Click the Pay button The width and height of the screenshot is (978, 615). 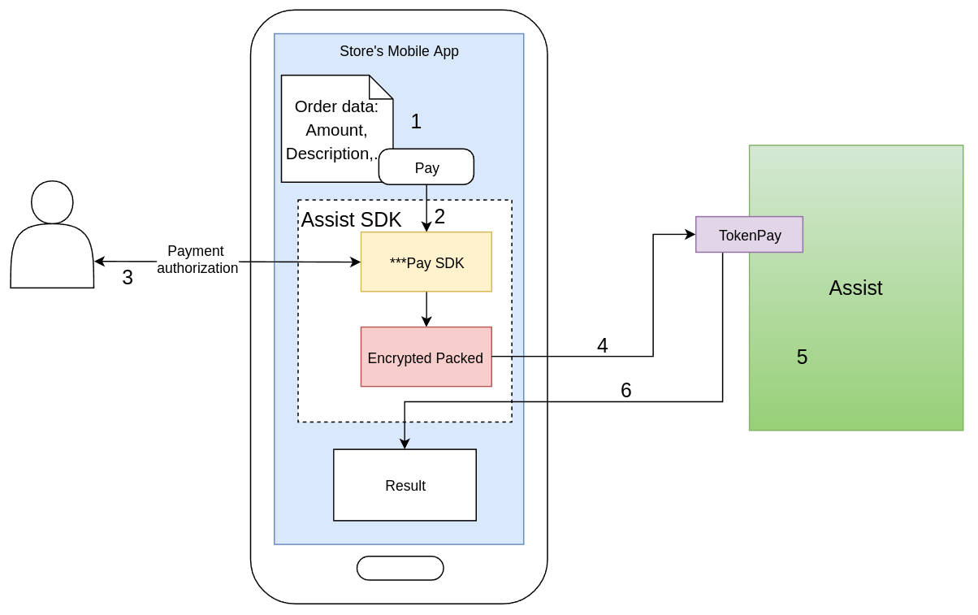point(426,167)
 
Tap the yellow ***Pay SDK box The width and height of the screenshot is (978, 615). point(426,262)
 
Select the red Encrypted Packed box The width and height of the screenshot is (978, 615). point(426,357)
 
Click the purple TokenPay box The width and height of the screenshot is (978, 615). point(749,235)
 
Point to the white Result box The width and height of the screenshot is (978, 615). point(405,485)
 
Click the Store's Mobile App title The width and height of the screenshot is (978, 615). point(399,51)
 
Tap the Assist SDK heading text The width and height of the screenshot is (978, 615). point(351,219)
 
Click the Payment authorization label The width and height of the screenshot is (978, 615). point(197,259)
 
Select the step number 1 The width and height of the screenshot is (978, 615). point(416,122)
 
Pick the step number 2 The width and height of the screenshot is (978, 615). point(439,217)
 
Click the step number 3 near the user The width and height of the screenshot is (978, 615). point(128,278)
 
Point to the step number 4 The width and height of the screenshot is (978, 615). point(602,346)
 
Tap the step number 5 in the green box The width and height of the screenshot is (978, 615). point(802,357)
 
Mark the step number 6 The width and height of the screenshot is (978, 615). point(625,391)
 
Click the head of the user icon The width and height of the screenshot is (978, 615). point(52,202)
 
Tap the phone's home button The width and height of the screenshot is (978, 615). point(400,568)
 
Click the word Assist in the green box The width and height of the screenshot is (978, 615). point(855,288)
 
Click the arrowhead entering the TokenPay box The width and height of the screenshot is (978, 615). point(690,235)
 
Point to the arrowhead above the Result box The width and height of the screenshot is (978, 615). point(405,444)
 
